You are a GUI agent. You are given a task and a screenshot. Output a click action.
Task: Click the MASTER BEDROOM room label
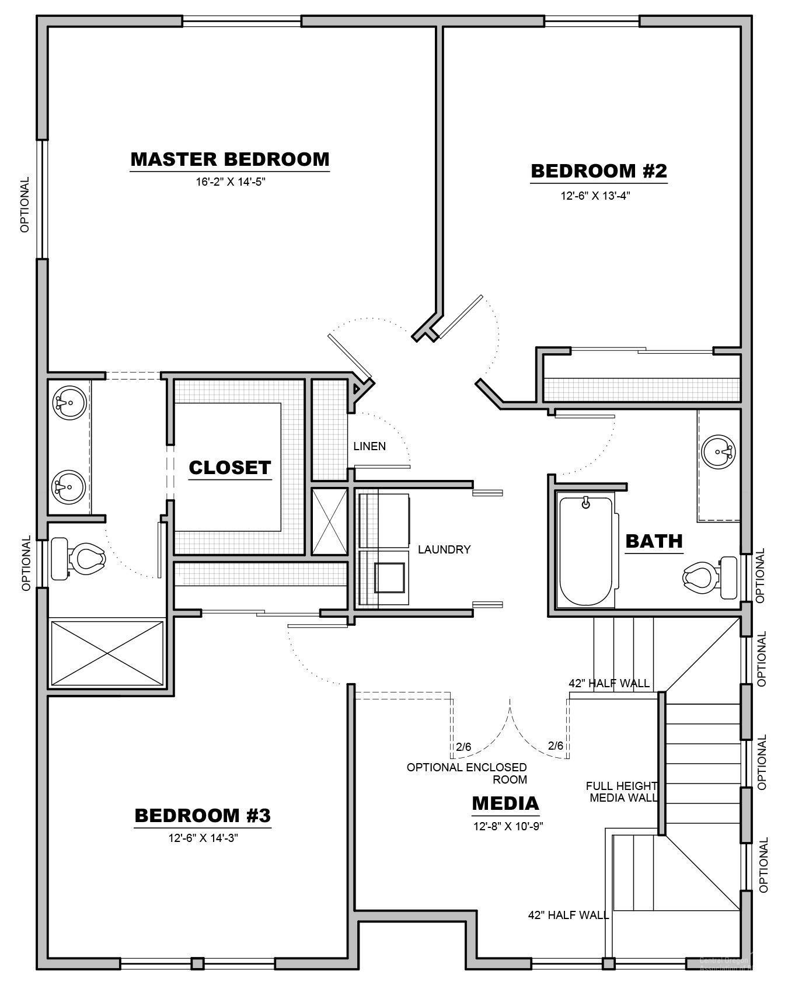tap(229, 159)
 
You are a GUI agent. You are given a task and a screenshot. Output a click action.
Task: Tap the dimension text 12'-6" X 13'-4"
tap(595, 196)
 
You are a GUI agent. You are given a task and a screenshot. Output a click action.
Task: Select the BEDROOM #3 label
tap(203, 815)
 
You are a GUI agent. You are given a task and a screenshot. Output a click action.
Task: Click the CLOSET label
tap(230, 467)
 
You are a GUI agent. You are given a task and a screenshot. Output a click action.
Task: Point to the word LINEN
tap(369, 446)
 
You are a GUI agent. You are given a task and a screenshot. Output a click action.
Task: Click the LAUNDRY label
tap(444, 549)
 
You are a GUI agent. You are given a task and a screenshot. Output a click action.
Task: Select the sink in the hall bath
tap(718, 451)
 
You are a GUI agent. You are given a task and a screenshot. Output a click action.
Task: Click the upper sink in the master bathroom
tap(69, 402)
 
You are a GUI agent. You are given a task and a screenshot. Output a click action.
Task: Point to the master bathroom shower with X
tap(107, 653)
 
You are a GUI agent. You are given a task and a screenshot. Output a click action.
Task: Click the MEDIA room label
tap(505, 803)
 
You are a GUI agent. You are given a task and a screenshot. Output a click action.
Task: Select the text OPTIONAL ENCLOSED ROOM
tap(467, 773)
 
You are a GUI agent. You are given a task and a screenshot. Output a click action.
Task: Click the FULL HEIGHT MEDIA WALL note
tap(622, 792)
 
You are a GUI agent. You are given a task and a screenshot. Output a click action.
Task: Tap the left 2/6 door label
tap(463, 746)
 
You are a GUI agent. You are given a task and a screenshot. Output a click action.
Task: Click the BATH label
tap(654, 541)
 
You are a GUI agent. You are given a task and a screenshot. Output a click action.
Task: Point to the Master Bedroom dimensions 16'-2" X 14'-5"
tap(230, 182)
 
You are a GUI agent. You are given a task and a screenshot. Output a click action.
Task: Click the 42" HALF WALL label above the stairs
tap(609, 683)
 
